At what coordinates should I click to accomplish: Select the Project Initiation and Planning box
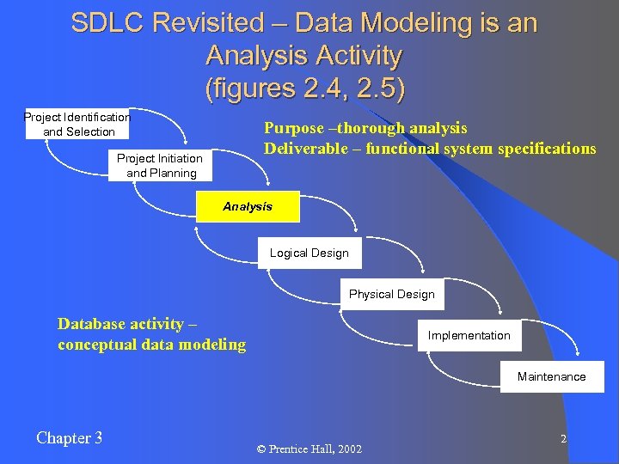[x=161, y=165]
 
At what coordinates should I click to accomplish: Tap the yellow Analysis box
[x=248, y=207]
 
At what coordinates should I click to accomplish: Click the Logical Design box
[x=309, y=253]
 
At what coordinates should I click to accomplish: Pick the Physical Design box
[x=391, y=294]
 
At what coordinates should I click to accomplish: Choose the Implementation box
[x=469, y=335]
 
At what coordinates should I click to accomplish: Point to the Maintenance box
[x=551, y=376]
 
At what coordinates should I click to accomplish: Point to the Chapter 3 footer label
[x=70, y=438]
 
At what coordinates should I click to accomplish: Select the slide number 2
[x=563, y=439]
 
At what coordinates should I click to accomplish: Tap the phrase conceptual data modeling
[x=151, y=345]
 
